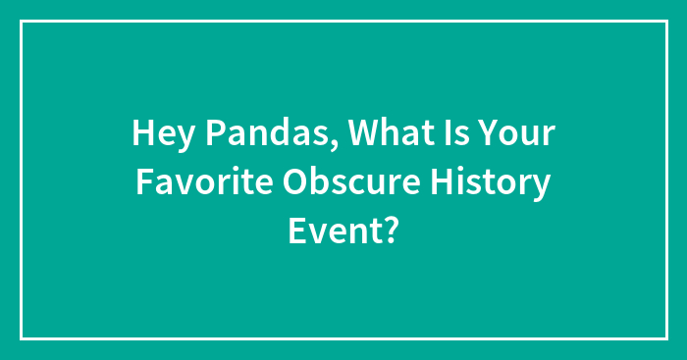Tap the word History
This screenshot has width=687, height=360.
click(495, 182)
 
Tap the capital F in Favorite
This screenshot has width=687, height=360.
click(144, 182)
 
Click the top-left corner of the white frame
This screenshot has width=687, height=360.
click(22, 21)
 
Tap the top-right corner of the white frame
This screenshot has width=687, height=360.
click(665, 21)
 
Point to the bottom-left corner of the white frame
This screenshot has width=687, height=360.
click(22, 338)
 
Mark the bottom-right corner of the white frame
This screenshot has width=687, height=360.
click(665, 338)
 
